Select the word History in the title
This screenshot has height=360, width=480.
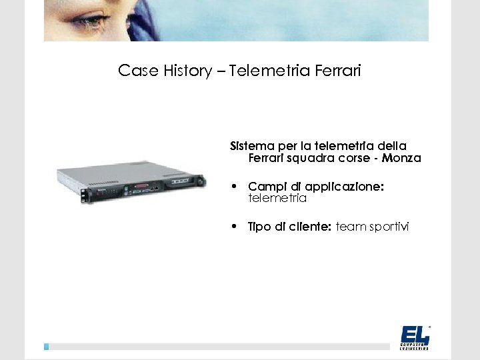187,71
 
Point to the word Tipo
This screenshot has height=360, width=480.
259,227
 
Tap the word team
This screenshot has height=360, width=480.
350,227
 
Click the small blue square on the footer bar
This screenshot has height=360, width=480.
47,347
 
